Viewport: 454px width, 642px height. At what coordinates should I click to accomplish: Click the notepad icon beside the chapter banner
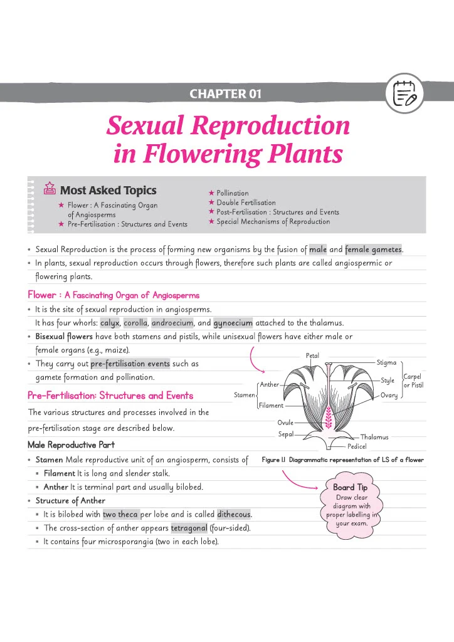click(x=404, y=93)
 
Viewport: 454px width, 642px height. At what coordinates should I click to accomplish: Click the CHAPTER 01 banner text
click(x=225, y=94)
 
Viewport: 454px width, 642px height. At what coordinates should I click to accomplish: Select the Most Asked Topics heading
click(x=108, y=190)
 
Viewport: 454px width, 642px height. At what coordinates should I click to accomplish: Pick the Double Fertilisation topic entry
click(x=246, y=203)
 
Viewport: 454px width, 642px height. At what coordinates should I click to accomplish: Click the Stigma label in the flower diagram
click(x=386, y=362)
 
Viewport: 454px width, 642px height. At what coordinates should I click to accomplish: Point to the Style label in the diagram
click(x=388, y=381)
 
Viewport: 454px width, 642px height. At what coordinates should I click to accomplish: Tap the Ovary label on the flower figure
click(x=389, y=395)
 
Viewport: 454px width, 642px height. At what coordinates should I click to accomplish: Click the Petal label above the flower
click(x=312, y=355)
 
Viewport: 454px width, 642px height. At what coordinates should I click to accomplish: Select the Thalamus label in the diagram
click(x=374, y=437)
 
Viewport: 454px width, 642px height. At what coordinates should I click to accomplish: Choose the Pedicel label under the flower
click(x=357, y=446)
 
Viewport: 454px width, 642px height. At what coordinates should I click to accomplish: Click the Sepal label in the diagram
click(x=286, y=434)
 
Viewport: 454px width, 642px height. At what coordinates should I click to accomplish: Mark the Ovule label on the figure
click(x=285, y=423)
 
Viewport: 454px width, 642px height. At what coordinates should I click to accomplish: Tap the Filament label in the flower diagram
click(x=271, y=406)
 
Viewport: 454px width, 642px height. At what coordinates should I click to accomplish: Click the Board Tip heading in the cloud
click(x=350, y=487)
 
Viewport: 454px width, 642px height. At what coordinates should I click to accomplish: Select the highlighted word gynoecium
click(x=233, y=323)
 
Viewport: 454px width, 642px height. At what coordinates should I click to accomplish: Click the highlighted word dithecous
click(x=234, y=514)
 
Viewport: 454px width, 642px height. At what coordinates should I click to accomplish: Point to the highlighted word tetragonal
click(x=189, y=528)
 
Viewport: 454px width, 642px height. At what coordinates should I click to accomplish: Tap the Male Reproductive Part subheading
click(x=71, y=445)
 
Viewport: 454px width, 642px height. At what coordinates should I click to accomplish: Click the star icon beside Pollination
click(x=211, y=192)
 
